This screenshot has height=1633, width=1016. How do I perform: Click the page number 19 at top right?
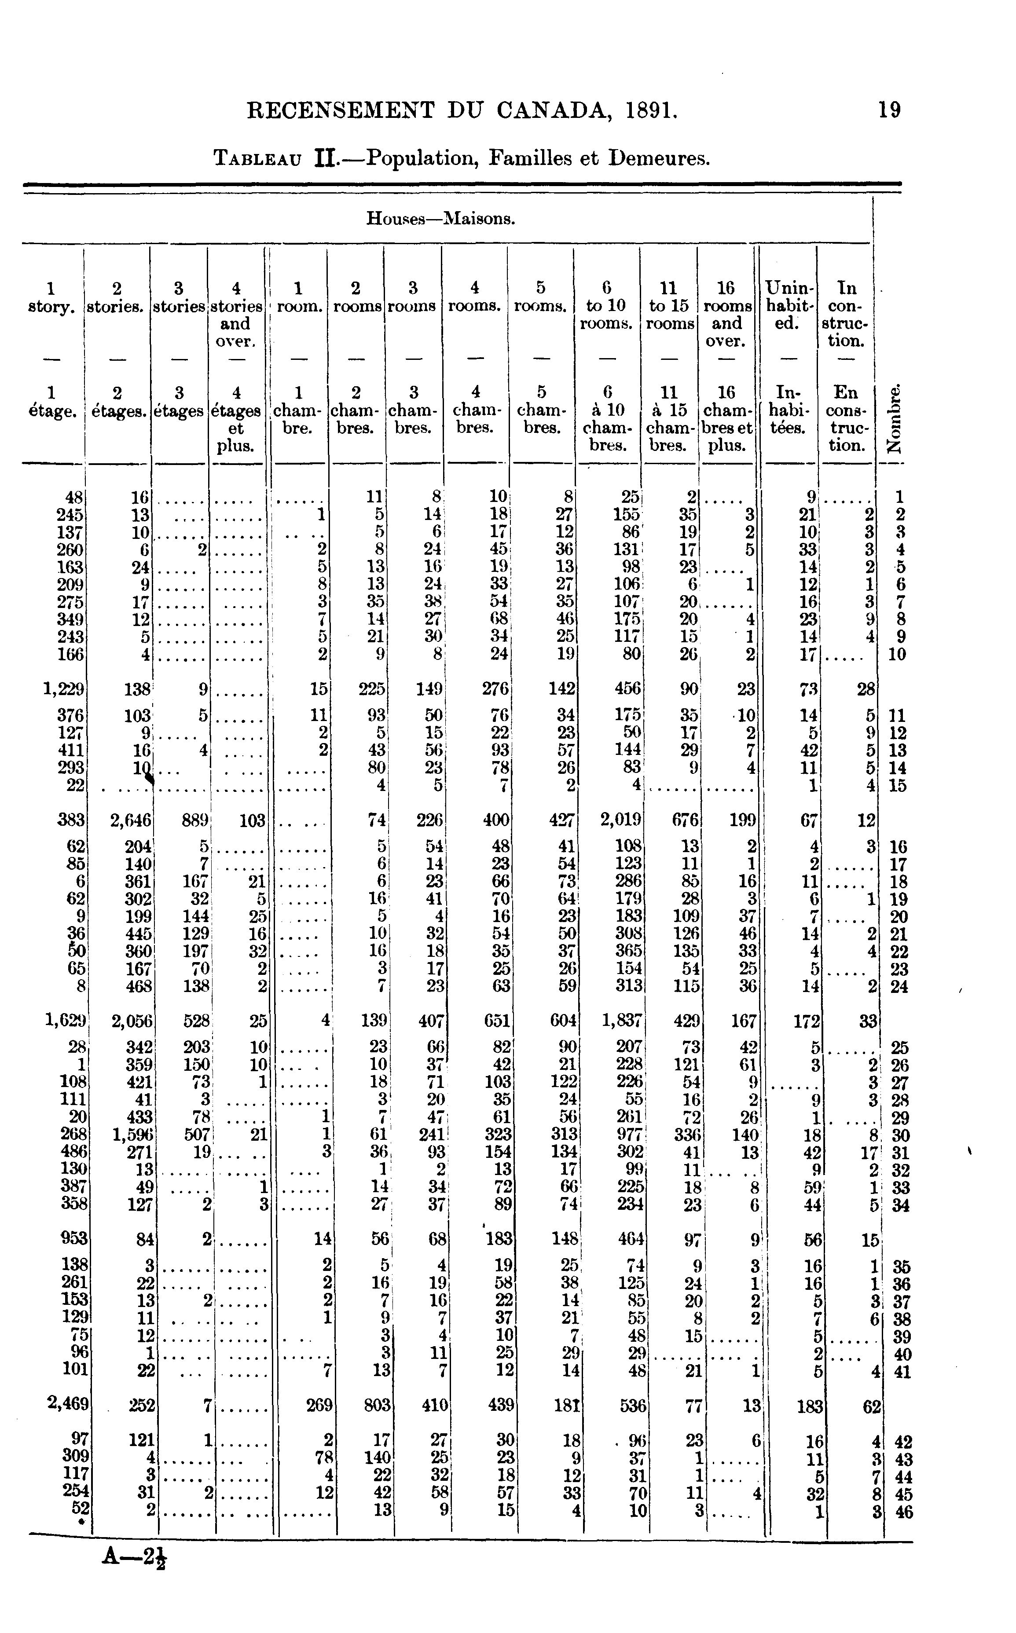[x=889, y=110]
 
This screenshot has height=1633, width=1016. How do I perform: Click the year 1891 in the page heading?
[x=650, y=110]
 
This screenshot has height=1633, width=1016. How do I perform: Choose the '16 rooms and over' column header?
[x=726, y=314]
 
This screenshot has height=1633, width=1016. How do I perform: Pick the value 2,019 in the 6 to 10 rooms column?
[x=622, y=820]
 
